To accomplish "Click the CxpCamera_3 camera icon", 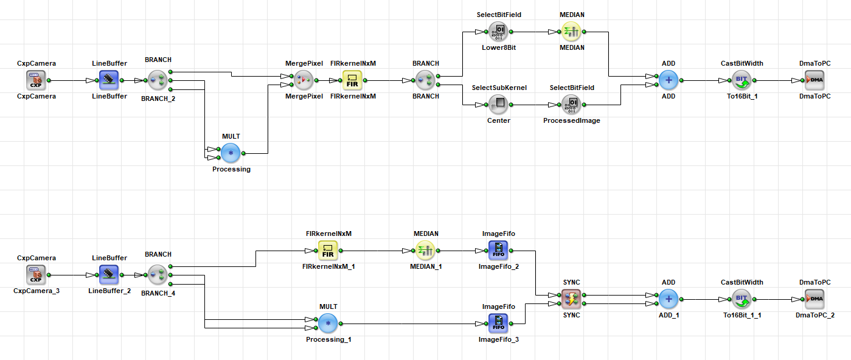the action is [x=36, y=275].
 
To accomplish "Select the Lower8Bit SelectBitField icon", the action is [x=498, y=32].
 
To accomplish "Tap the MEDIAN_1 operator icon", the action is [x=425, y=251].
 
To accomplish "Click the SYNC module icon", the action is [x=571, y=299].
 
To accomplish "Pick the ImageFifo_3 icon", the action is [x=498, y=324].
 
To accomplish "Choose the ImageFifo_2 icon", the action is [x=498, y=251].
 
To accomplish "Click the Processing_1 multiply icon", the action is [x=328, y=324].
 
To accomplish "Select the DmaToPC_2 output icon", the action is [x=815, y=299].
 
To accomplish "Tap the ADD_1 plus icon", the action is [x=669, y=299].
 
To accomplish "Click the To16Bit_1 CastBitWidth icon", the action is [x=742, y=80].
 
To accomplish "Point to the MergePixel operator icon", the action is [x=304, y=80].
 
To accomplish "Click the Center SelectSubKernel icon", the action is [x=498, y=105].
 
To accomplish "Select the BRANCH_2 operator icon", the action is [x=158, y=80].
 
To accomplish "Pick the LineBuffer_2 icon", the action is [x=109, y=275].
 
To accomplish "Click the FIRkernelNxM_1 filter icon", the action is [x=328, y=251].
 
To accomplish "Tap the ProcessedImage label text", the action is [x=571, y=120].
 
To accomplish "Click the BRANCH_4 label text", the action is [x=158, y=293].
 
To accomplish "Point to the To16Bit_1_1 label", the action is [x=742, y=315].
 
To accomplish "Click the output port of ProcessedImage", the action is [x=584, y=105].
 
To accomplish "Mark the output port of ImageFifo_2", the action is [x=511, y=251].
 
